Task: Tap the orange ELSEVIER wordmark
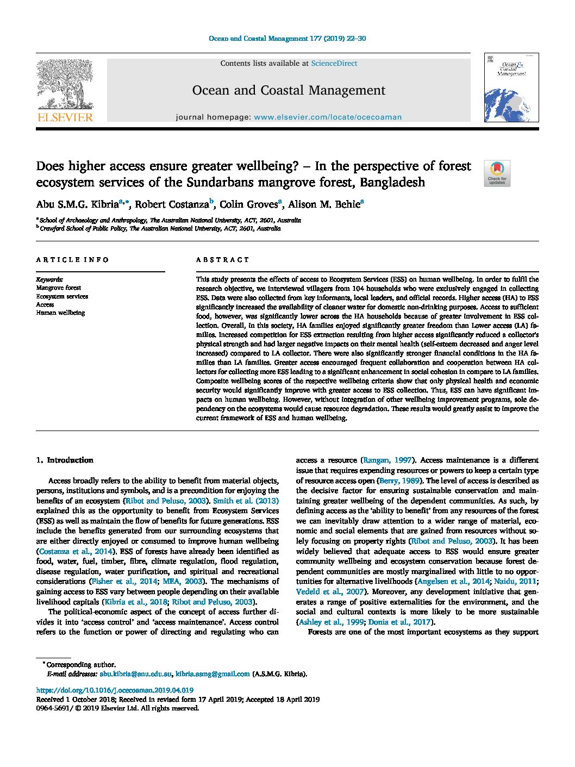point(65,117)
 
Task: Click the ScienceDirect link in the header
point(334,64)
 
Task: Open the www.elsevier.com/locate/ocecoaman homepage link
point(328,117)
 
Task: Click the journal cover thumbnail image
point(511,88)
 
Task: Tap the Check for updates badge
point(497,173)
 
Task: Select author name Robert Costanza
point(172,205)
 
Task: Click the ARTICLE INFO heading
point(72,260)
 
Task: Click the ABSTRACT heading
point(222,260)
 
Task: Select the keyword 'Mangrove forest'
point(59,288)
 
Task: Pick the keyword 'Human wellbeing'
point(60,313)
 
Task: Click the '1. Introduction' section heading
point(65,460)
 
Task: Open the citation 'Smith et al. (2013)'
point(246,501)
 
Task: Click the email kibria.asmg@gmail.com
point(212,674)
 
